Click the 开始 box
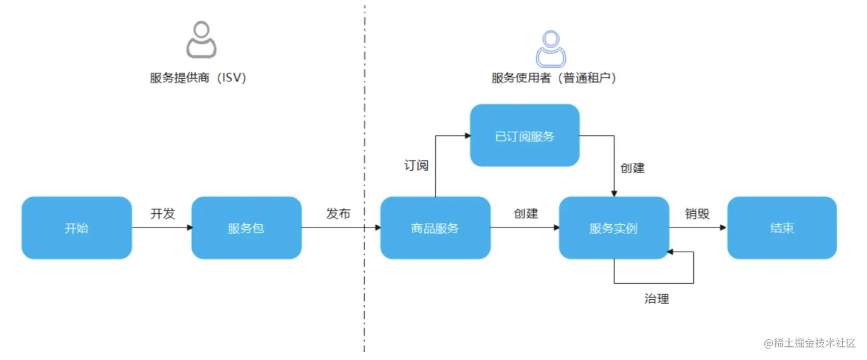point(76,228)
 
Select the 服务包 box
point(246,228)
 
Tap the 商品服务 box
point(435,228)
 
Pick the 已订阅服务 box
point(525,136)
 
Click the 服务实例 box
point(614,228)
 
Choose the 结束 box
point(782,228)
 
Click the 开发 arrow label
point(162,214)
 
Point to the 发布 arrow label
point(338,214)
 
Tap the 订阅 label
point(416,166)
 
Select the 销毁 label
point(697,214)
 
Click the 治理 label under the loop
point(657,299)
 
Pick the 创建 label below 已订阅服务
point(632,168)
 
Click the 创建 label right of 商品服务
point(526,214)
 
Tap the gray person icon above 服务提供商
point(201,40)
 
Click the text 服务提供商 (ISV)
point(198,78)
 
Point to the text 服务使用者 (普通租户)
point(553,78)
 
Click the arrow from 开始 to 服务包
point(162,228)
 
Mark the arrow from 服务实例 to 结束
point(698,228)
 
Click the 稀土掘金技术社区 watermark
point(809,343)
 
